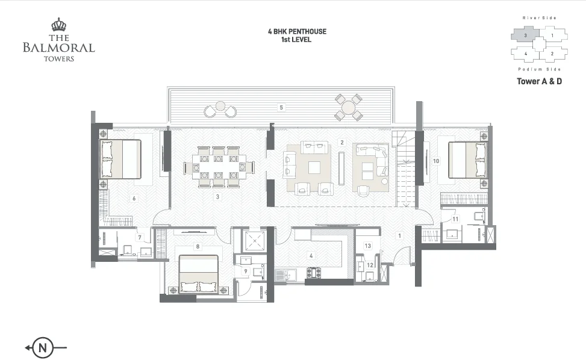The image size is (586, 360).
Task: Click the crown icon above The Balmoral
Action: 58,25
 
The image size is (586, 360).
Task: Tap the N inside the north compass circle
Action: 43,348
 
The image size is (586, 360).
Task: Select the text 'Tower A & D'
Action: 539,81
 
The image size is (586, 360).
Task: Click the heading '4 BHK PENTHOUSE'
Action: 297,31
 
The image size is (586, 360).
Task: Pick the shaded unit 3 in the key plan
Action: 525,36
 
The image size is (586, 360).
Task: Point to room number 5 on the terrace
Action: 281,108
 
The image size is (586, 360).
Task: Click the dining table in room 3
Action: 219,167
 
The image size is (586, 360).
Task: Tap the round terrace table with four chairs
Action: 349,108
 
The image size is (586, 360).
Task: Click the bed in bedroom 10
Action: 468,160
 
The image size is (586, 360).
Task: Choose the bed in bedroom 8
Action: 199,274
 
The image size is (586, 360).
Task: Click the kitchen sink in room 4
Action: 285,275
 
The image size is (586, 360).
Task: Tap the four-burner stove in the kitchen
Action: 314,273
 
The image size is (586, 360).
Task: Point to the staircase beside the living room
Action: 406,168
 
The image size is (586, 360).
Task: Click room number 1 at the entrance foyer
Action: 399,235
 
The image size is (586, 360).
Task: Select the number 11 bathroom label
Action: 455,219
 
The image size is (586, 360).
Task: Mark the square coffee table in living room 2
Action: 314,167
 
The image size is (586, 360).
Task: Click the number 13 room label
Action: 368,246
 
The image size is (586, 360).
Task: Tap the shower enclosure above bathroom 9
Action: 254,240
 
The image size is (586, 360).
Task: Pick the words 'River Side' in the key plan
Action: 539,18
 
